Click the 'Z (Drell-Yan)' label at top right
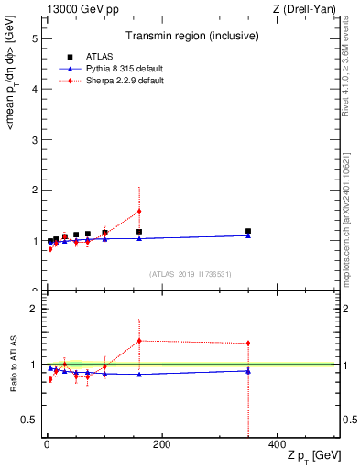tap(309, 8)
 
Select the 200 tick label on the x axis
tap(161, 444)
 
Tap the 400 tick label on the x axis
tap(276, 444)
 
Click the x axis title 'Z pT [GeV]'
tap(311, 455)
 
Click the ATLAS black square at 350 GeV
tap(248, 231)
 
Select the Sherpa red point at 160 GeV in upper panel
tap(139, 211)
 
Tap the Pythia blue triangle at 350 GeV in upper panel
tap(248, 235)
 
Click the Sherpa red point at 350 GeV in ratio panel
tap(248, 344)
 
